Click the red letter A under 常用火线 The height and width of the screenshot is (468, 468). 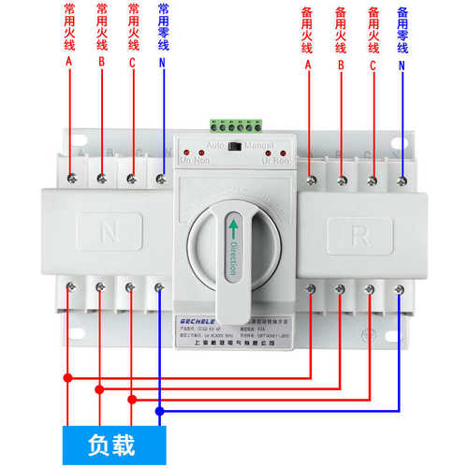pyautogui.click(x=68, y=65)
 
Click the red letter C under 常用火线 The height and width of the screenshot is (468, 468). pyautogui.click(x=132, y=65)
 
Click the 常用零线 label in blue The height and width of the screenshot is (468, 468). pyautogui.click(x=163, y=26)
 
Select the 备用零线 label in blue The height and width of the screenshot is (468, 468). pyautogui.click(x=402, y=28)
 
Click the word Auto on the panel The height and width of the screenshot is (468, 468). pyautogui.click(x=212, y=147)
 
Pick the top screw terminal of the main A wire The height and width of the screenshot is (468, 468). pyautogui.click(x=70, y=174)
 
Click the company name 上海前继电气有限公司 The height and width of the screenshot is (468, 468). pyautogui.click(x=234, y=344)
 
